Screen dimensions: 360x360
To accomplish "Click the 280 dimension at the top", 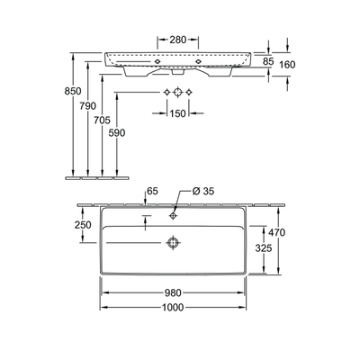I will pyautogui.click(x=178, y=40).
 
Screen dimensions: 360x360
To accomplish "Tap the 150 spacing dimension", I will pyautogui.click(x=178, y=113).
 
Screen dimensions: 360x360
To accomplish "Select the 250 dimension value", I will pyautogui.click(x=82, y=224).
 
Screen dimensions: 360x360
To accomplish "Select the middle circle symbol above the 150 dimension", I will pyautogui.click(x=178, y=93).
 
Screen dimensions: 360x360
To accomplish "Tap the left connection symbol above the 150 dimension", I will pyautogui.click(x=166, y=93).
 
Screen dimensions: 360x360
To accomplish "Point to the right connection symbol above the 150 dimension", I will pyautogui.click(x=192, y=93).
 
